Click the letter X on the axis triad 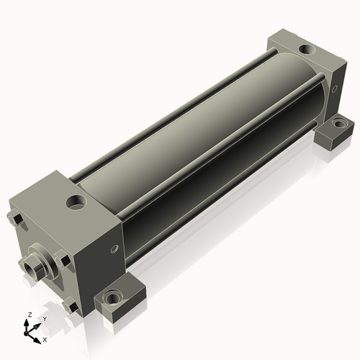point(45,340)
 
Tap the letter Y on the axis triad point(45,319)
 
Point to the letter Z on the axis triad point(30,315)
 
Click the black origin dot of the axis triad point(26,333)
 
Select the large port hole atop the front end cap point(76,202)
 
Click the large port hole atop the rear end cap point(307,50)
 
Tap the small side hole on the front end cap point(114,249)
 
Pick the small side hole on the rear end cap point(334,89)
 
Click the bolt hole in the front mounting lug point(111,297)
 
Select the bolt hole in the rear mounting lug point(338,124)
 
